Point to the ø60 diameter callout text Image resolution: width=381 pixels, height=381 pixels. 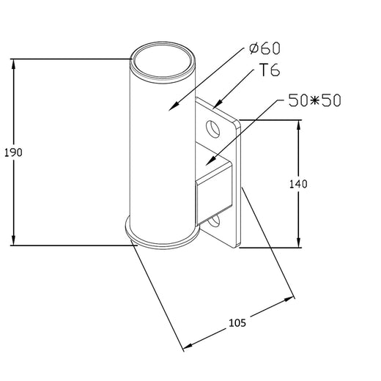265,49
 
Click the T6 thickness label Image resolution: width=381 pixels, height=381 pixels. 268,70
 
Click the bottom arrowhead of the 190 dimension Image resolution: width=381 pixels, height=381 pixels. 12,245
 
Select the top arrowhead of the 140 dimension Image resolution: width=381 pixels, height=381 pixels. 298,122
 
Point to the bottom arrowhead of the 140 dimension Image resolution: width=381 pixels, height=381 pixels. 298,248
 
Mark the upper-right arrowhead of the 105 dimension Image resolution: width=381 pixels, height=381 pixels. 294,298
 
